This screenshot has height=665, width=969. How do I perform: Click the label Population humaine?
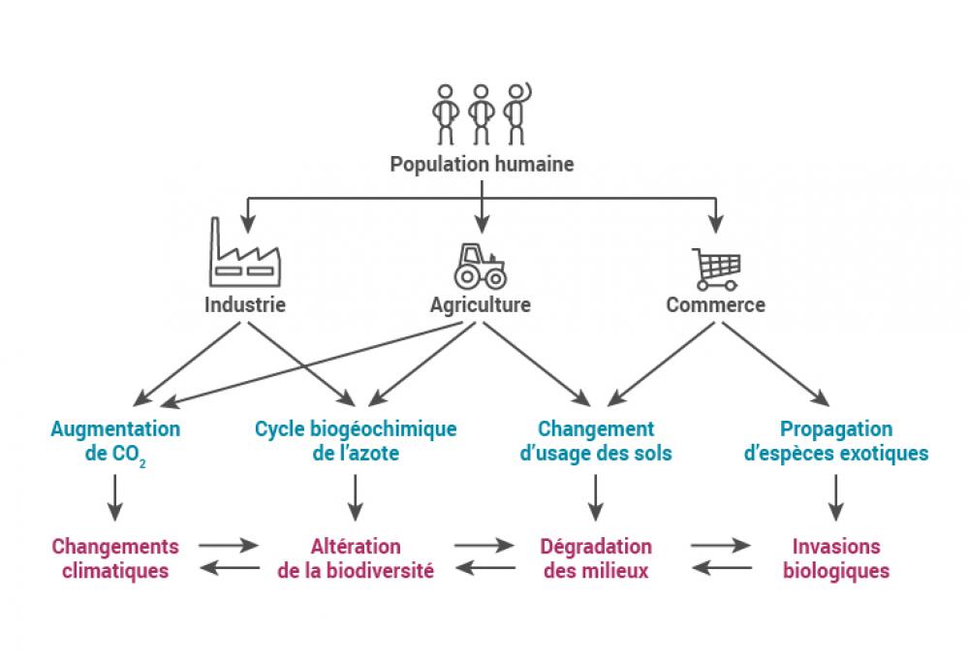(x=482, y=164)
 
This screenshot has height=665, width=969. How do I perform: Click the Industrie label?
(x=245, y=304)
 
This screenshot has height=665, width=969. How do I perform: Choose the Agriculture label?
(x=481, y=304)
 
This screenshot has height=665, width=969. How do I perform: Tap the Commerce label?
(x=715, y=304)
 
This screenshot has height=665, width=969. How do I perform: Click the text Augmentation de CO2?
(x=115, y=441)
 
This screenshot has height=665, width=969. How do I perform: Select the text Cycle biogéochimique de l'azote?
(x=356, y=441)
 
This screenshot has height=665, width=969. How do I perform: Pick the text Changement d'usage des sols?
(x=596, y=441)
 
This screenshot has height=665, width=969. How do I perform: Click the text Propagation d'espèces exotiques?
(x=837, y=441)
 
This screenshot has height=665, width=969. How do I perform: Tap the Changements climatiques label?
(x=115, y=558)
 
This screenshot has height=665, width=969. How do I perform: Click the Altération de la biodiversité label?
(x=356, y=558)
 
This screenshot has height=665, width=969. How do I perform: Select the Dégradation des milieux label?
(x=596, y=558)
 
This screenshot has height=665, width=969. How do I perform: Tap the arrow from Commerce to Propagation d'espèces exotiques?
(x=774, y=363)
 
